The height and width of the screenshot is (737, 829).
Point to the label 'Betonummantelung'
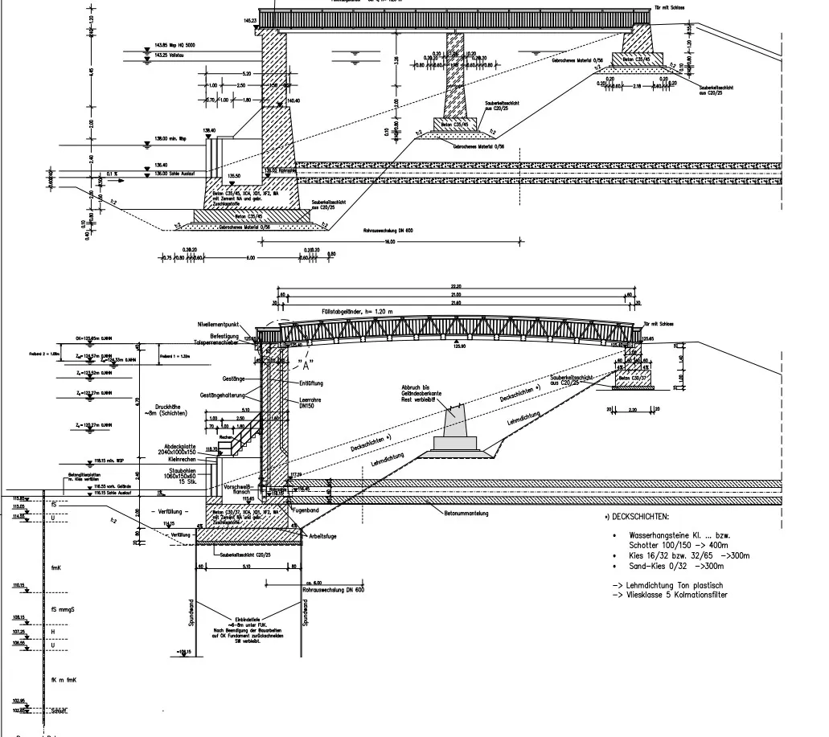[455, 512]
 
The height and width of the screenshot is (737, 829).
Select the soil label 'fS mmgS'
[64, 608]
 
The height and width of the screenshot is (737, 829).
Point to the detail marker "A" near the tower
[303, 354]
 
